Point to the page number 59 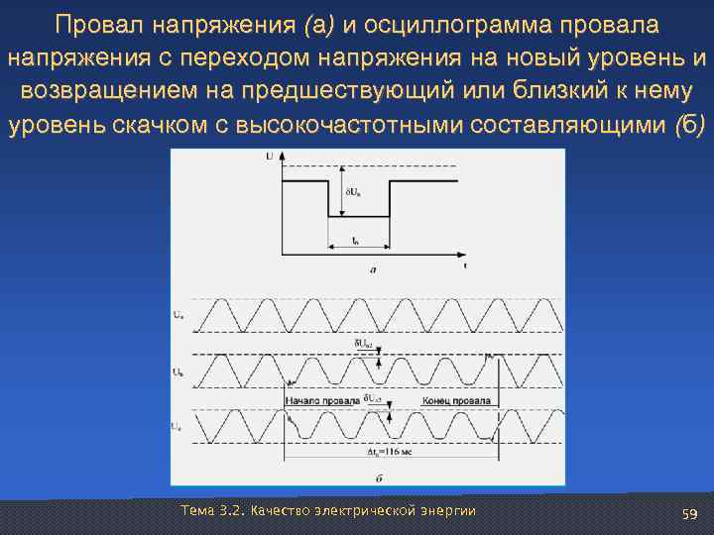(x=690, y=513)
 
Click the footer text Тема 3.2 (x=213, y=510)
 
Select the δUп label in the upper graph (x=353, y=192)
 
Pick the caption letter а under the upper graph (x=372, y=268)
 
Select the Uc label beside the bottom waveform (x=178, y=426)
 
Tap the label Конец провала (x=456, y=400)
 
